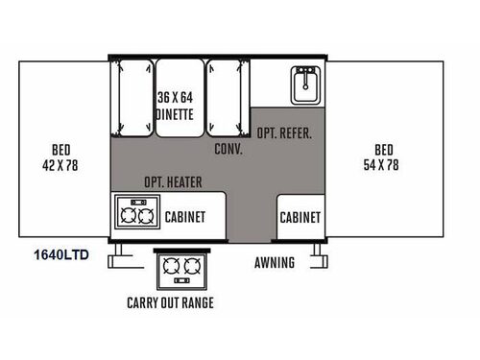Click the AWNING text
point(275,262)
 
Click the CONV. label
point(228,149)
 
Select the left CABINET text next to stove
point(185,217)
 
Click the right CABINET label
point(300,217)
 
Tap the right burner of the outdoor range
point(192,268)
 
